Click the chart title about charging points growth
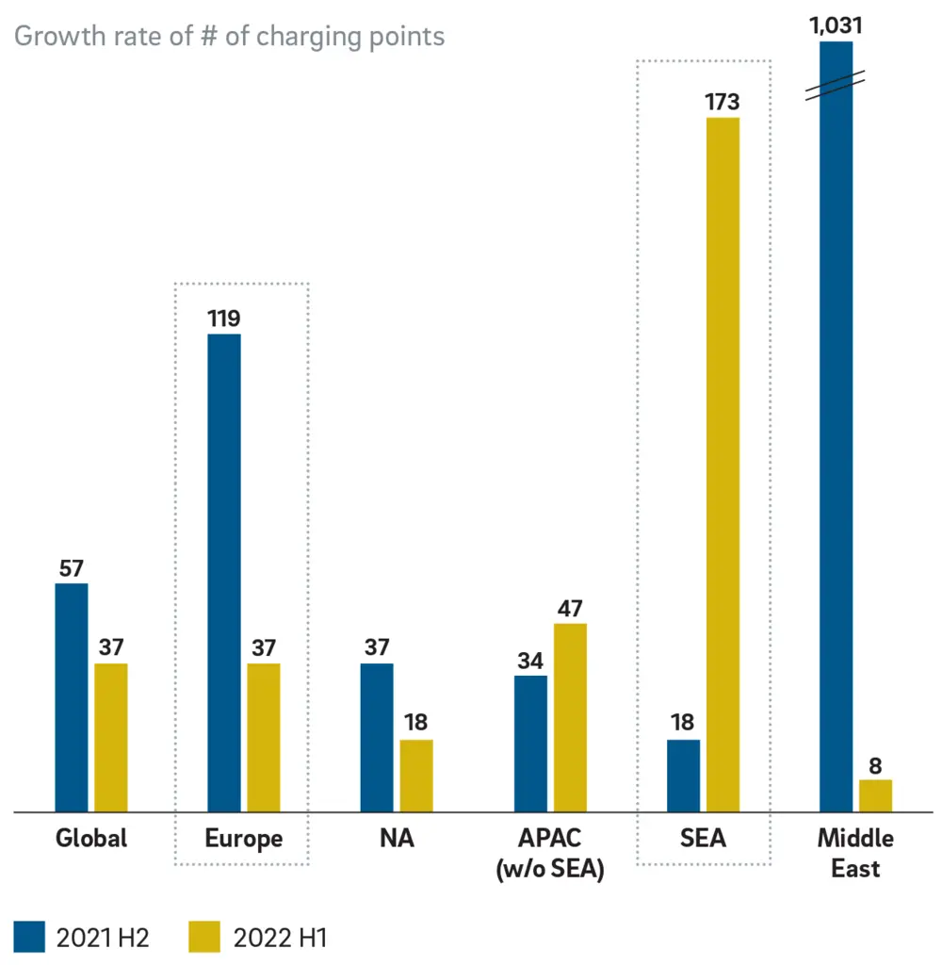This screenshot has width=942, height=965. click(229, 37)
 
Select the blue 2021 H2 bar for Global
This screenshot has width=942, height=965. click(71, 697)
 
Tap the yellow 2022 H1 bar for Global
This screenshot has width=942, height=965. click(110, 737)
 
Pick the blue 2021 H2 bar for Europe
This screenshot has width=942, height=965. click(224, 572)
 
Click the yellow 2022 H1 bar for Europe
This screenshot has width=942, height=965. click(264, 737)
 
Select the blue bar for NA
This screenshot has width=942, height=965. click(377, 737)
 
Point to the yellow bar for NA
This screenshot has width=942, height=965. click(416, 775)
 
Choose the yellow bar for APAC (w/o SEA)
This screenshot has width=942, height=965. click(570, 717)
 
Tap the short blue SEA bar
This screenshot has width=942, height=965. click(683, 775)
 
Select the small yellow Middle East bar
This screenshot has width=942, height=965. click(875, 795)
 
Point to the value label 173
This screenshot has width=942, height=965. click(723, 101)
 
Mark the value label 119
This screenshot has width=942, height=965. click(224, 318)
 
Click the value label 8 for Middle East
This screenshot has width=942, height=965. click(875, 764)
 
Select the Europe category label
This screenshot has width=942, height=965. click(243, 838)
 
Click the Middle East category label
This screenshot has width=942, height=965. click(855, 852)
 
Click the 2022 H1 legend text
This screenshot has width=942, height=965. click(280, 938)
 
